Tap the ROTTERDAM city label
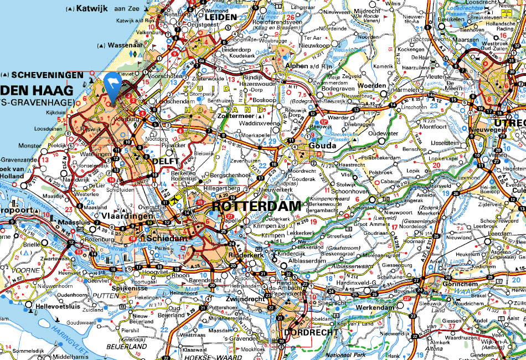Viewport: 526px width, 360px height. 256,206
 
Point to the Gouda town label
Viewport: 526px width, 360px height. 321,146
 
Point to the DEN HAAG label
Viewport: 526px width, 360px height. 37,90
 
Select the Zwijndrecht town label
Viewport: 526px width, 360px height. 245,297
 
